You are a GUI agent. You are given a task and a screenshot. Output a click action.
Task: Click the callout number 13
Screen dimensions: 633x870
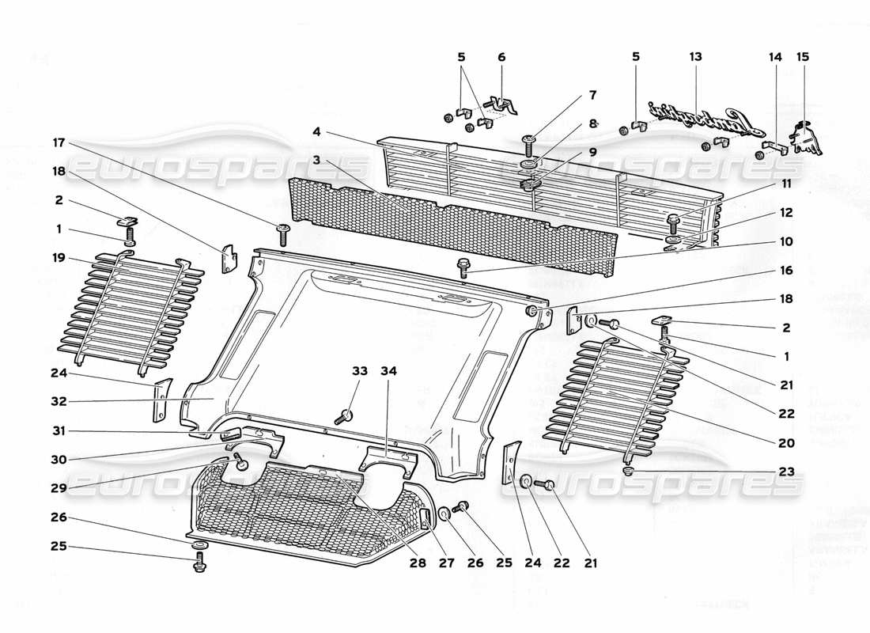click(695, 57)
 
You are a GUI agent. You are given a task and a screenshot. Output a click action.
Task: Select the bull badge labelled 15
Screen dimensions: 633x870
click(806, 135)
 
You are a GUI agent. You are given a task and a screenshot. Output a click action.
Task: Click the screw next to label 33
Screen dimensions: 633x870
click(344, 415)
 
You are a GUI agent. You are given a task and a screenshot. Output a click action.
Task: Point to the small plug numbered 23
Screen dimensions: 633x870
click(629, 472)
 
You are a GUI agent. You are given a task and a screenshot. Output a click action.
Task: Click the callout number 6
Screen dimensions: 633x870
click(501, 57)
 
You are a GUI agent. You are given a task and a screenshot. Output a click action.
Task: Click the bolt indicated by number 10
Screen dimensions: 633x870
click(463, 268)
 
